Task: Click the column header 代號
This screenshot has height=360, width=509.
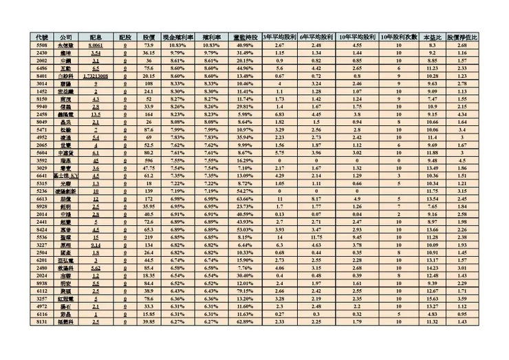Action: (42, 36)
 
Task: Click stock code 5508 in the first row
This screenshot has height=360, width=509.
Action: (42, 44)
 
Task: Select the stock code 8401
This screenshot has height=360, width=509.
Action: (42, 75)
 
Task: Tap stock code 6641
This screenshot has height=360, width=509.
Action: (42, 176)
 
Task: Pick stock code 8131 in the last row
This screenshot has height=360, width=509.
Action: (42, 321)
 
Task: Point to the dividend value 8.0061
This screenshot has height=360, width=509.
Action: (96, 44)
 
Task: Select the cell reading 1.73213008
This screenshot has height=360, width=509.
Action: (96, 75)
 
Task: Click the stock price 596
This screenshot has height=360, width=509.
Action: (148, 160)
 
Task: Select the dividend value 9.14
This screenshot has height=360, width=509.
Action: (96, 244)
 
